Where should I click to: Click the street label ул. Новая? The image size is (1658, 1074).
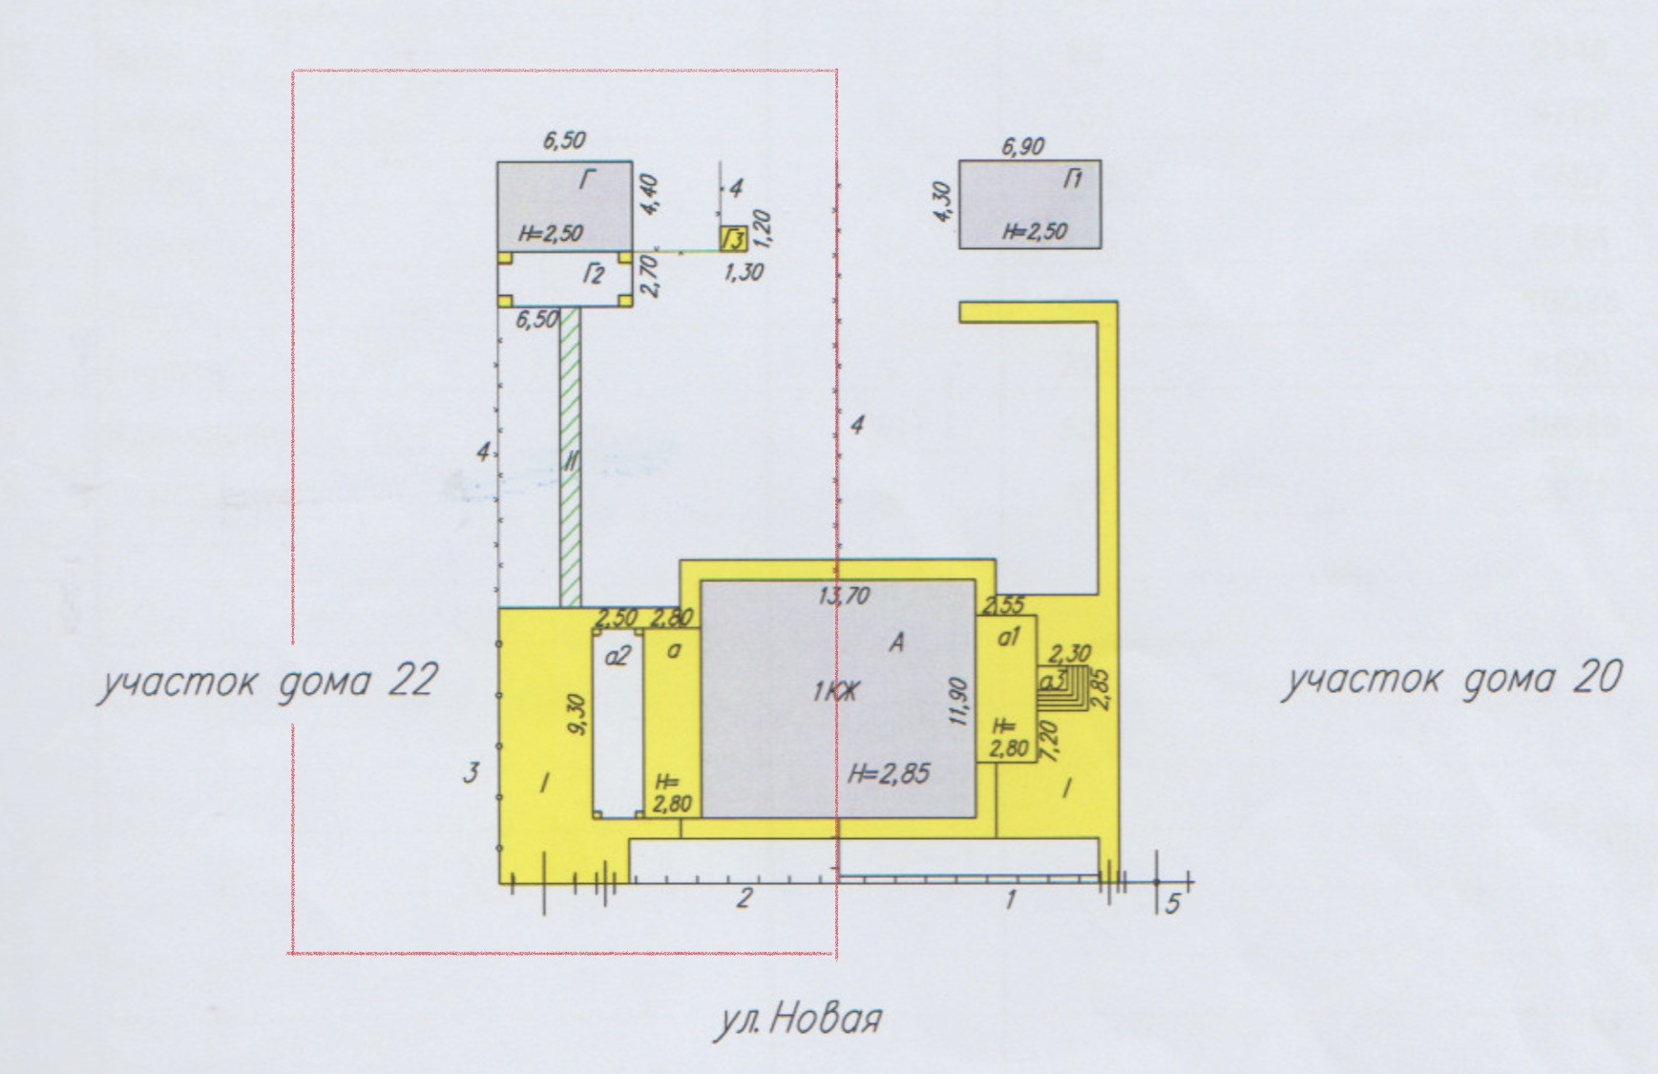coord(797,1021)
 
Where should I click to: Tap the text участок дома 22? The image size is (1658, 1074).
coord(266,682)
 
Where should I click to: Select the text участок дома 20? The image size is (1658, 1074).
coord(1450,679)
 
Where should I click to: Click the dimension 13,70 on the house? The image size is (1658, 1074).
coord(844,597)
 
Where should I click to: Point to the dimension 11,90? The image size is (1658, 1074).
coord(960,703)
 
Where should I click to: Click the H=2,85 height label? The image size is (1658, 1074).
coord(889,773)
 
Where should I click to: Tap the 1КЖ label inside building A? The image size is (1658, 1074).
coord(835,692)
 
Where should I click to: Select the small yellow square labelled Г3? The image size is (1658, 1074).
coord(733,237)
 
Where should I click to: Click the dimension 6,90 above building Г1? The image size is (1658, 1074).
coord(1022,147)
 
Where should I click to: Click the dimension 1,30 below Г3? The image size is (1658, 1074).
coord(744,272)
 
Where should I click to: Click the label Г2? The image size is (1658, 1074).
coord(594,276)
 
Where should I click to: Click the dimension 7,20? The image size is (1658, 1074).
coord(1052,740)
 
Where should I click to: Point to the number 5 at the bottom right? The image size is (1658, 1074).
coord(1173,902)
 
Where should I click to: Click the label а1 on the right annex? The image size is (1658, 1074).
coord(1009,636)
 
